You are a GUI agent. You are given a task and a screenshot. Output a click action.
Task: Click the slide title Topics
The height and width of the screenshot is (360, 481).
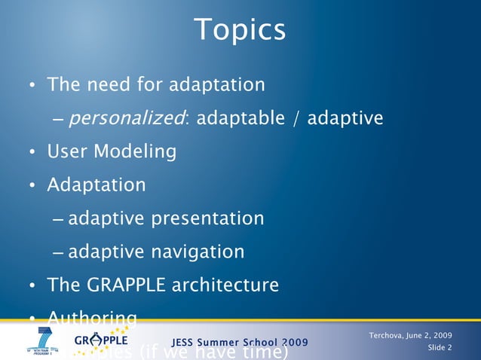click(x=240, y=30)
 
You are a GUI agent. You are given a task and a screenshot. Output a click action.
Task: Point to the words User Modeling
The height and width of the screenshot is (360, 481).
click(x=112, y=152)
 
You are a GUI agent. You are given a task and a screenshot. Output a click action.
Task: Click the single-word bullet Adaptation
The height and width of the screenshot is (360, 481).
click(x=97, y=185)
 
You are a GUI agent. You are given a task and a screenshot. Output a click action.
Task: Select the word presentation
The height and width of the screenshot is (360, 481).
click(x=208, y=218)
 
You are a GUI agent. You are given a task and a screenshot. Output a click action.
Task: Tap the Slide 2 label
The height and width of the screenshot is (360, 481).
click(x=440, y=347)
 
